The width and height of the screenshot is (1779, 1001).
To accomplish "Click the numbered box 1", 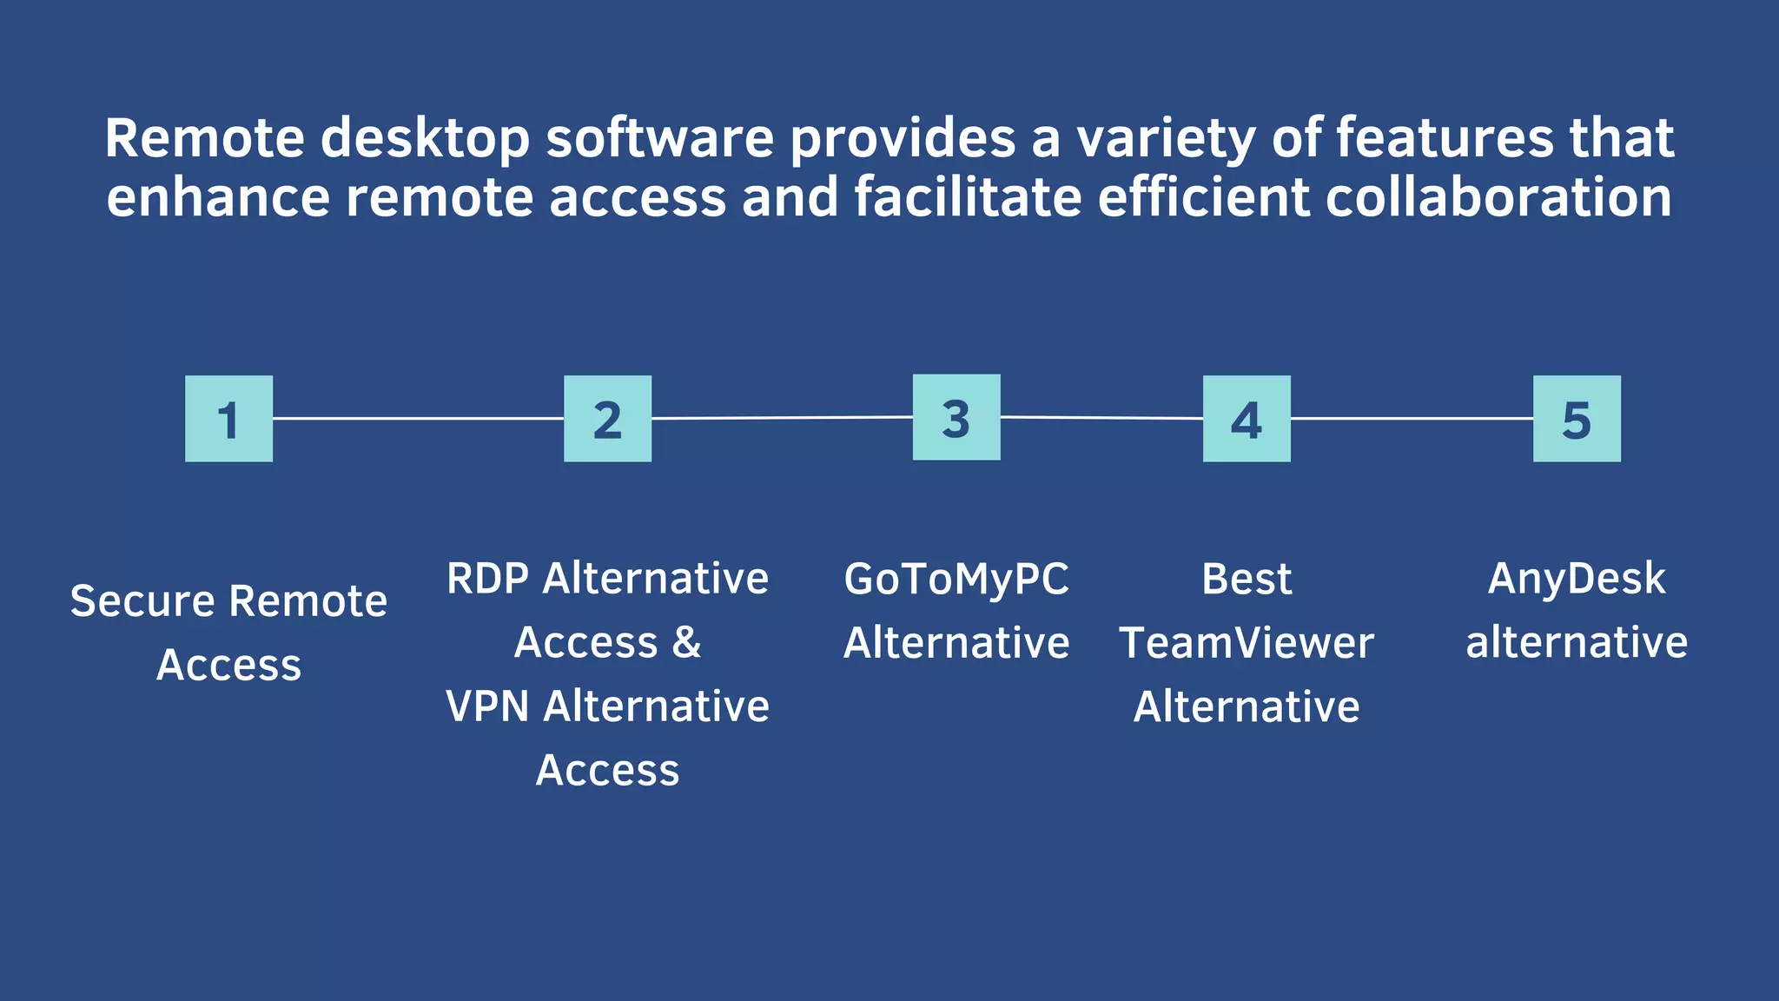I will click(x=228, y=419).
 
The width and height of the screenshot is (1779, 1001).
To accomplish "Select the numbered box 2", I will click(x=607, y=419).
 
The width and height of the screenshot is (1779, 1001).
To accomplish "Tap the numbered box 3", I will click(x=956, y=417).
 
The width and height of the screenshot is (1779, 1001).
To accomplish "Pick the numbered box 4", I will click(x=1247, y=419).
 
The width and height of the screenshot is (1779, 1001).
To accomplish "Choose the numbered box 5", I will click(x=1577, y=419).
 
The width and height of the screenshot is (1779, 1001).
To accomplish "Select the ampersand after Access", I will click(x=685, y=643).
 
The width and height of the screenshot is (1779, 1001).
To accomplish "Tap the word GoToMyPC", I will click(x=956, y=580).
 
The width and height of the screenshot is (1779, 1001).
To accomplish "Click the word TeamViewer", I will click(x=1247, y=643).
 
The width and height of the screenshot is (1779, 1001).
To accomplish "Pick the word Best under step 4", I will click(x=1247, y=580).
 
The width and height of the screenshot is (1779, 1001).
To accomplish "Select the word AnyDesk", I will click(x=1577, y=580).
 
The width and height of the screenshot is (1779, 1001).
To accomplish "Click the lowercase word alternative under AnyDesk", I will click(x=1577, y=643).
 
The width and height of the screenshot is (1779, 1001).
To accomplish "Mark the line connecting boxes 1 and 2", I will click(x=418, y=418).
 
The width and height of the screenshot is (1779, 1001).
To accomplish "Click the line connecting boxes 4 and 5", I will click(x=1412, y=418).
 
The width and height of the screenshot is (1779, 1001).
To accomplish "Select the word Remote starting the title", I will click(x=204, y=139).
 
